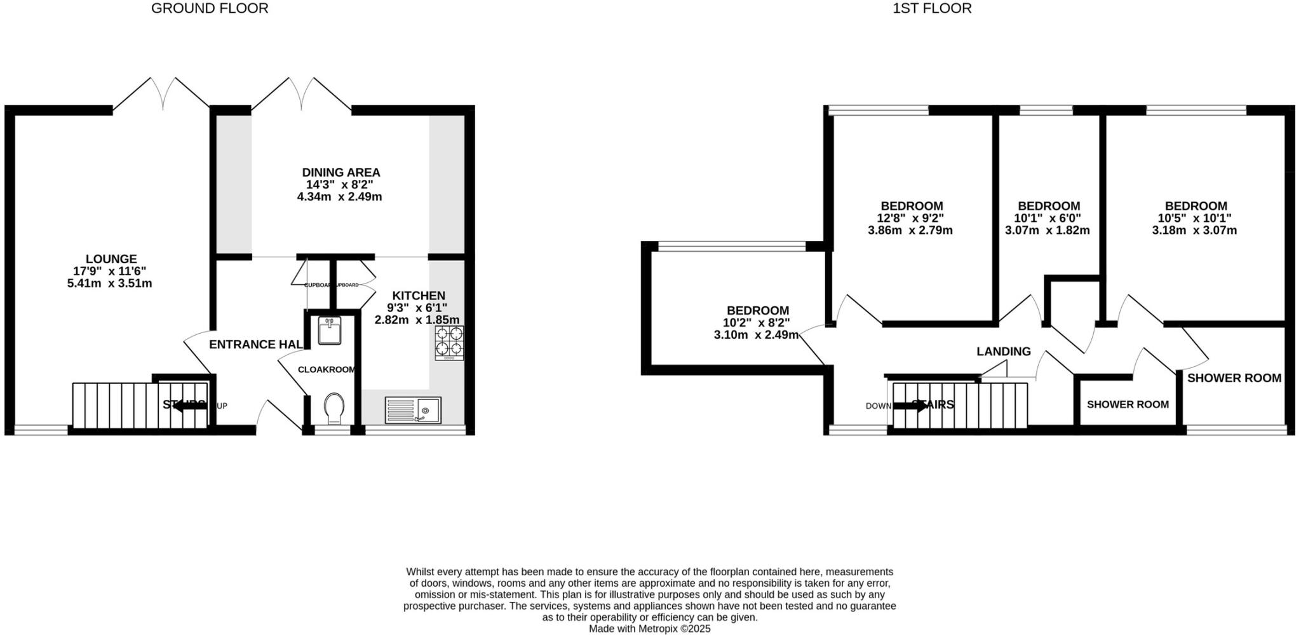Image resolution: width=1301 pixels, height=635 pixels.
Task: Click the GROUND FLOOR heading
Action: [210, 8]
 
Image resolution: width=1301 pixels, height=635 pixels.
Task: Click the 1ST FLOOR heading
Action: [932, 8]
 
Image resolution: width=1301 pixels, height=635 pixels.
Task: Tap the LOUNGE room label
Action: [111, 259]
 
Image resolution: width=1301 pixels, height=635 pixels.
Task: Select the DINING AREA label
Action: [341, 172]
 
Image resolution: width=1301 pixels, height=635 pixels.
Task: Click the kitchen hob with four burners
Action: [449, 343]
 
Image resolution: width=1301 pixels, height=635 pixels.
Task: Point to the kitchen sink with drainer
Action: [413, 409]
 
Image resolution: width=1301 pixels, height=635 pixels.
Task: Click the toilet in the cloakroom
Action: [334, 407]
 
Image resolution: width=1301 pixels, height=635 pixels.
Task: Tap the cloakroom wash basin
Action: [329, 331]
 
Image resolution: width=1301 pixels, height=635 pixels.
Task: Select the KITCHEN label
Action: [419, 296]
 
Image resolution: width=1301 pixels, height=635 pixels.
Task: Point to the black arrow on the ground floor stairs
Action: [189, 406]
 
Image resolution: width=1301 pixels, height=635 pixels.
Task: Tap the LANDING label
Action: [1003, 352]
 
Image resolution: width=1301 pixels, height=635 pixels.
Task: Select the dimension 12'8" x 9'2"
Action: [911, 218]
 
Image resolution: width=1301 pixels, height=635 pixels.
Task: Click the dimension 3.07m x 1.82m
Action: [1047, 230]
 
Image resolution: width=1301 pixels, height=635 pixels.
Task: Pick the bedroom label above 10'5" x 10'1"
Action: [1196, 206]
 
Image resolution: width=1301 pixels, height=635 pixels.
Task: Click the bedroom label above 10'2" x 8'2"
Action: [758, 310]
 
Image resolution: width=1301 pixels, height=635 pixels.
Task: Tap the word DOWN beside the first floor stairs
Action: [879, 406]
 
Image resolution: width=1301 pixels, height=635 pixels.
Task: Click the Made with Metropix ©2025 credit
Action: [649, 629]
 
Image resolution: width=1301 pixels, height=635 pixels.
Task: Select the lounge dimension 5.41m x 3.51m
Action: [109, 283]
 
